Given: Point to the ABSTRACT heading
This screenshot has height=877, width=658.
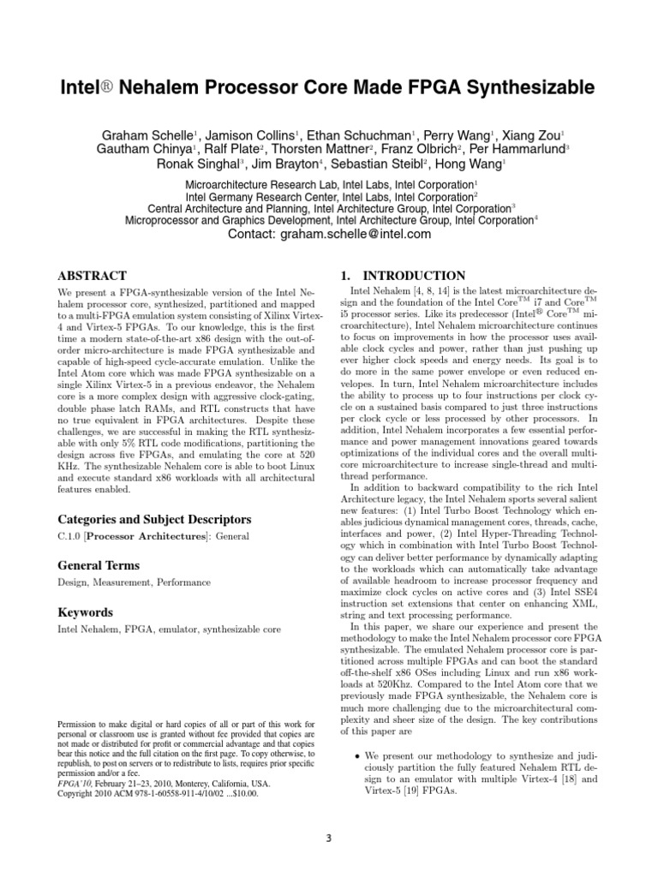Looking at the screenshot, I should [x=92, y=276].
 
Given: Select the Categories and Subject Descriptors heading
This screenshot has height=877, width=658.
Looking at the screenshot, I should [x=154, y=519].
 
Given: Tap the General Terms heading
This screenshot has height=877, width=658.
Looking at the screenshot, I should [x=98, y=565].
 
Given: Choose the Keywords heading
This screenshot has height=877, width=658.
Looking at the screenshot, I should [x=85, y=612].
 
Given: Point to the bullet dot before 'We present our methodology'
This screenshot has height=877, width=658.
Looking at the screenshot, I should [x=356, y=757].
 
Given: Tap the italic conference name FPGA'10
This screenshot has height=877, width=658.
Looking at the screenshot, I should [x=75, y=784].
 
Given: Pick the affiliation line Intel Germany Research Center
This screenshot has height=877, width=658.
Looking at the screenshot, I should [x=329, y=196].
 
